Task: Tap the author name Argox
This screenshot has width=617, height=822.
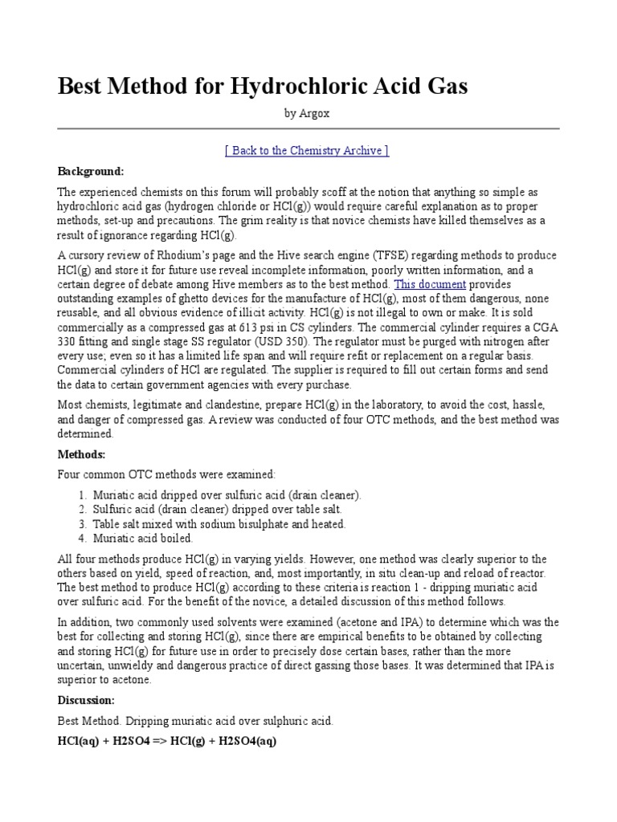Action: coord(315,114)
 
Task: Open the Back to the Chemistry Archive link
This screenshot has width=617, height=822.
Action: coord(308,151)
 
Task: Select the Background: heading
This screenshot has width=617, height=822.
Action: coord(91,172)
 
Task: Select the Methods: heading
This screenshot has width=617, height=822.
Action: coord(82,454)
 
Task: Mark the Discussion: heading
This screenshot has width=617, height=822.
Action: coord(87,700)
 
